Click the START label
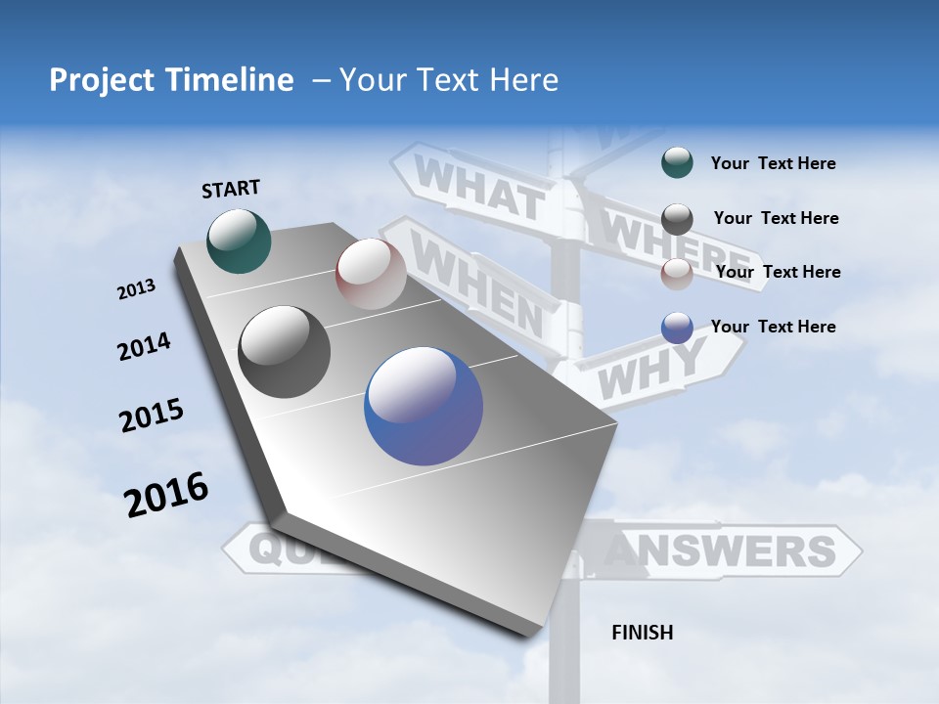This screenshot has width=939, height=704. pos(231,189)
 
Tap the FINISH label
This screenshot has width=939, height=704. pos(642,633)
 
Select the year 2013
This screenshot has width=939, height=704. pos(136,289)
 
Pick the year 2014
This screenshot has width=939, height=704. pos(144,346)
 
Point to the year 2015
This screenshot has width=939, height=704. pos(152,415)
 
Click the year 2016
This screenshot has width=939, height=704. pos(166,495)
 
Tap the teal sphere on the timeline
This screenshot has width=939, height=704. pos(240,241)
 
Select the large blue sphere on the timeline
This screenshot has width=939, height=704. pos(424,406)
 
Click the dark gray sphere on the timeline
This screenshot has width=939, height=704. pos(285,352)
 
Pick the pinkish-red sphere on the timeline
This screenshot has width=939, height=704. pos(371,274)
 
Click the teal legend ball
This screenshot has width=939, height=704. pos(677,163)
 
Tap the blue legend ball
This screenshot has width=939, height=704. pos(677,328)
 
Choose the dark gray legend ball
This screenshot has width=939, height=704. pos(677,219)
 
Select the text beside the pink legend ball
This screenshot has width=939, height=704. pos(778,272)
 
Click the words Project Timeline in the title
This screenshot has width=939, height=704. pos(171,80)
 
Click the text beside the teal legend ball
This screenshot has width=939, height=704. pos(773,163)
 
